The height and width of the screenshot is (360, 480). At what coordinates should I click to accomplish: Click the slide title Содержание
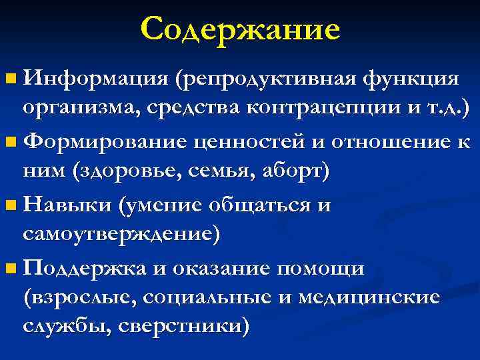(x=240, y=29)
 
